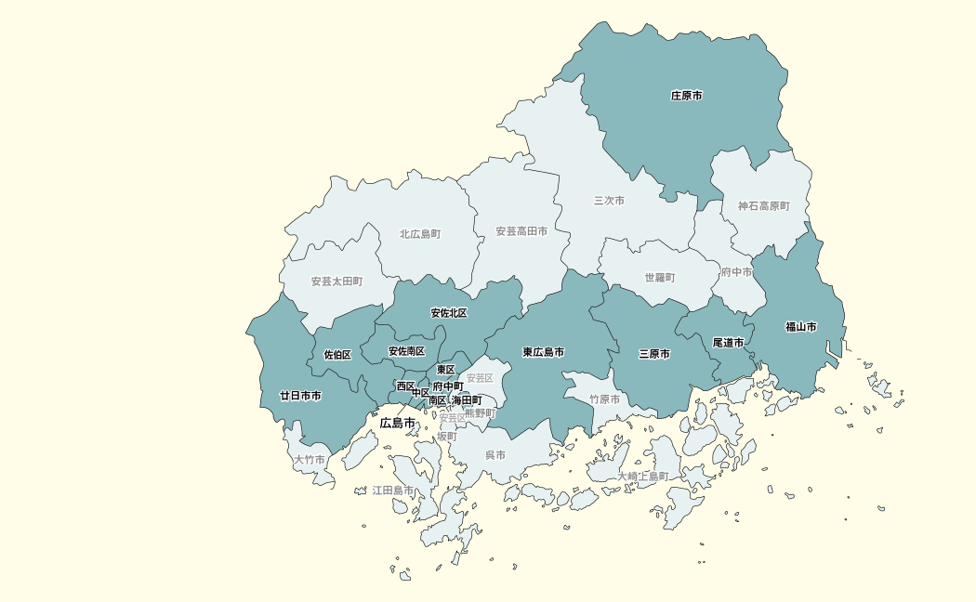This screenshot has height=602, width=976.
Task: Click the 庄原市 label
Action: coord(687,96)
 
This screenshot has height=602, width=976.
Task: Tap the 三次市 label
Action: coord(609,201)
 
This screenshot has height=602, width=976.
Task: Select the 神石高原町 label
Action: coord(764,206)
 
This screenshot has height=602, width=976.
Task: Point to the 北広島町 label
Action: coord(420,234)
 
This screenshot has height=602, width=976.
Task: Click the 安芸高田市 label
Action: coord(521,231)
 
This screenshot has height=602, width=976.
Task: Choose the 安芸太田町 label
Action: coord(336,281)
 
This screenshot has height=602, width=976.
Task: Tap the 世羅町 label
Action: coord(660,278)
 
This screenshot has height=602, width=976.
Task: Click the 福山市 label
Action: coord(801,327)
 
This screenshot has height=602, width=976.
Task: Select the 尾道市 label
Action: coord(729,343)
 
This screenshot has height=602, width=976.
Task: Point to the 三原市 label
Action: coord(654,354)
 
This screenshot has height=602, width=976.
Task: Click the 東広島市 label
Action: coord(544,352)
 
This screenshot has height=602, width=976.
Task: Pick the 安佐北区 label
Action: coord(449,313)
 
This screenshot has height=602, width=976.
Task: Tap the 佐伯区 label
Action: coord(337,355)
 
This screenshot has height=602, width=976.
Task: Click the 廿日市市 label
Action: coord(301,396)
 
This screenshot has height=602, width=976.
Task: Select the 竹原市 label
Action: coord(604,399)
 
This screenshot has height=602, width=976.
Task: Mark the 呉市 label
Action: coord(495,455)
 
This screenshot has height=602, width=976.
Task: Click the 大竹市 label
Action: coord(310,460)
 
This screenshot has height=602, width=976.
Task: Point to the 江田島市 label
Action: coord(393,490)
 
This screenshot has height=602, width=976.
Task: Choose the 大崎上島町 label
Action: coord(643,477)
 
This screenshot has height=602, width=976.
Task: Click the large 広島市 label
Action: coord(398,424)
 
